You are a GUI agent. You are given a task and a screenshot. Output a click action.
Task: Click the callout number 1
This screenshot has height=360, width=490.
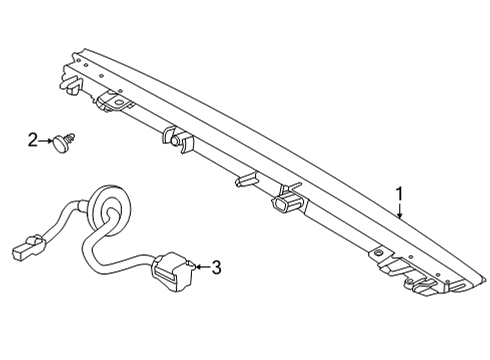click(399, 194)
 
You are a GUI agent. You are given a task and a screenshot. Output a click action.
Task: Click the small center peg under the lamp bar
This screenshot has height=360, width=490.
click(242, 180)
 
